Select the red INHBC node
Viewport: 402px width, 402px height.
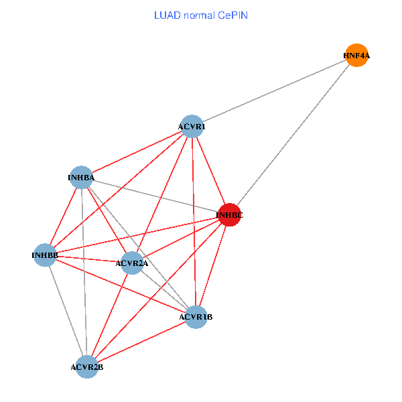click(229, 215)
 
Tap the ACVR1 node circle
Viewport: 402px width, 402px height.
click(192, 126)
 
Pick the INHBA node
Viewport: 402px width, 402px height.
click(81, 178)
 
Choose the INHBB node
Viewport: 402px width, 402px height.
click(45, 255)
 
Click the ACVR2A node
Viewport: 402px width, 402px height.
click(132, 263)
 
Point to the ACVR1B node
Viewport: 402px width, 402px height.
click(196, 316)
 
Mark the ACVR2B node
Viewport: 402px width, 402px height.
click(87, 366)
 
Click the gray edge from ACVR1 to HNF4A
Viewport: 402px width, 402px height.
click(275, 91)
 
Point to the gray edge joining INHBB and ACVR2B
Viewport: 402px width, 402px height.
click(66, 311)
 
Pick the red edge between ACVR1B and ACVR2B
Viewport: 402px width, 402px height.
click(141, 342)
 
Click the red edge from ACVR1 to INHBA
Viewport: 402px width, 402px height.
click(137, 152)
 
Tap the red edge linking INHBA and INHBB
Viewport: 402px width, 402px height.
click(63, 216)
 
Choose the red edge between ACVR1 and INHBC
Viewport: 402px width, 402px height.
click(210, 170)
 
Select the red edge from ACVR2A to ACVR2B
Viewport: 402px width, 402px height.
click(110, 315)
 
